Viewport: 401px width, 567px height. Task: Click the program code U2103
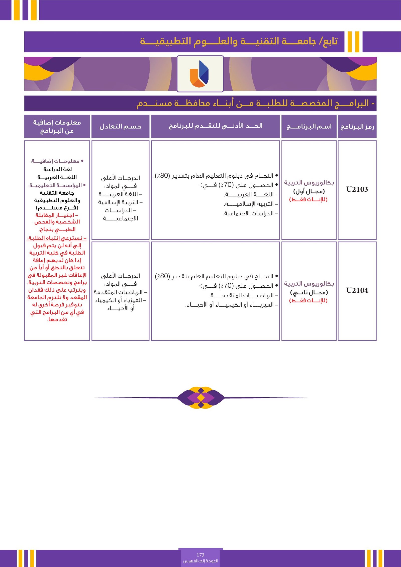tap(357, 189)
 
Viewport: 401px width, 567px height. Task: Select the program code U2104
tap(357, 291)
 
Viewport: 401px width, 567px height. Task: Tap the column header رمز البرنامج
tap(357, 127)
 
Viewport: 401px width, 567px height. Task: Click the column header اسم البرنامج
tap(309, 127)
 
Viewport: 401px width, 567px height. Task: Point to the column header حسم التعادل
tap(120, 127)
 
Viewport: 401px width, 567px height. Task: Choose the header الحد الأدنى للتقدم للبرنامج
tap(215, 126)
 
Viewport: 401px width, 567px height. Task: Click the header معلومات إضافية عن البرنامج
tap(57, 127)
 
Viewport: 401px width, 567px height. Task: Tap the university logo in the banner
tap(200, 74)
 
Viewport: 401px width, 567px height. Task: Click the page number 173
tap(200, 555)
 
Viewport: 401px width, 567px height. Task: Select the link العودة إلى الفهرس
tap(200, 561)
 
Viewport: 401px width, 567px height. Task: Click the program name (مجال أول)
tap(309, 191)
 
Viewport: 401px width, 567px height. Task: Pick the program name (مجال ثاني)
tap(309, 292)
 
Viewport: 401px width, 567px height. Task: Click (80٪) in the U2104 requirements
tap(163, 276)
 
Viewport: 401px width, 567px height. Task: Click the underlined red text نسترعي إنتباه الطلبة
tap(57, 238)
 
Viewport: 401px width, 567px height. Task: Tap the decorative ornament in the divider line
tap(201, 397)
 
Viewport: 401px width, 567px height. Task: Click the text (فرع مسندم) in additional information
tap(57, 208)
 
